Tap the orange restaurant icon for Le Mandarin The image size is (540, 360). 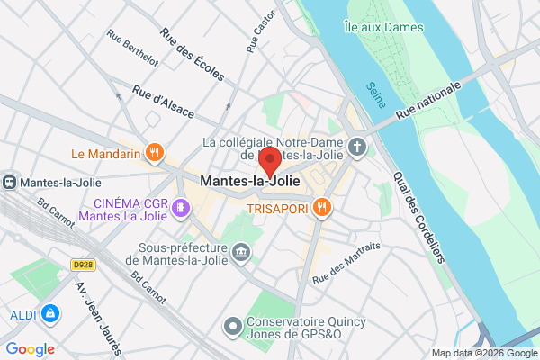[x=155, y=153]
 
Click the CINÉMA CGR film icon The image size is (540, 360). [x=182, y=208]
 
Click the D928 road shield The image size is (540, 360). [x=84, y=264]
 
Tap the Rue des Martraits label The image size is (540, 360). [x=346, y=261]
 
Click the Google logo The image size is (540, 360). [x=30, y=348]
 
